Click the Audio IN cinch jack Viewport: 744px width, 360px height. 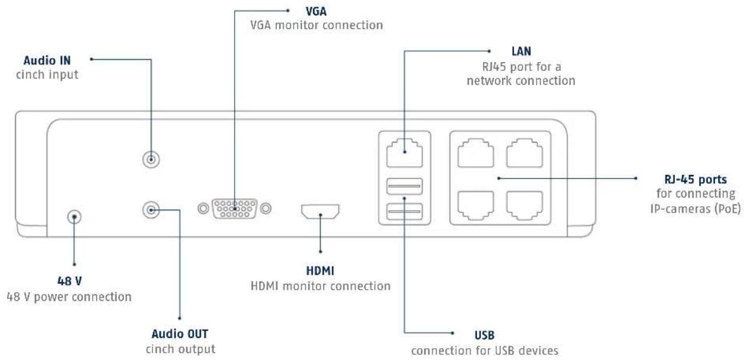(x=151, y=160)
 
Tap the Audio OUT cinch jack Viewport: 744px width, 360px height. (x=151, y=210)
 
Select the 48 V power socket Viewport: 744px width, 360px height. (x=74, y=217)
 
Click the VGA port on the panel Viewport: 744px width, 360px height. (x=235, y=209)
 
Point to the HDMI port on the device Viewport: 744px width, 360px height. (x=320, y=212)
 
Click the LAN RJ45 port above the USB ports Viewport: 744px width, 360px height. (x=405, y=153)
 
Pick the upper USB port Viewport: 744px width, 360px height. (x=405, y=186)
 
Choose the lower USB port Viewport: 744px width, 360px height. (x=405, y=212)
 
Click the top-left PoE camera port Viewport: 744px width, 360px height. (x=476, y=153)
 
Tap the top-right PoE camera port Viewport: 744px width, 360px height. (x=524, y=153)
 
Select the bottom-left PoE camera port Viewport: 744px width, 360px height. (x=476, y=206)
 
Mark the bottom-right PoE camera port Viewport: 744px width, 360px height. (x=524, y=206)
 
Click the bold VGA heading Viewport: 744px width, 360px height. (x=316, y=11)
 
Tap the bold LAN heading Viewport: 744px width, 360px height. (x=521, y=51)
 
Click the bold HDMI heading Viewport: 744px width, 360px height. (x=320, y=271)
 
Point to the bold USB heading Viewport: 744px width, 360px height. (x=484, y=335)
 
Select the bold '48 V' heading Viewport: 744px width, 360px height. (x=69, y=281)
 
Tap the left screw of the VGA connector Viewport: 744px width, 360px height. (x=203, y=209)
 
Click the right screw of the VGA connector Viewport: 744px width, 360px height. (x=266, y=209)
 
